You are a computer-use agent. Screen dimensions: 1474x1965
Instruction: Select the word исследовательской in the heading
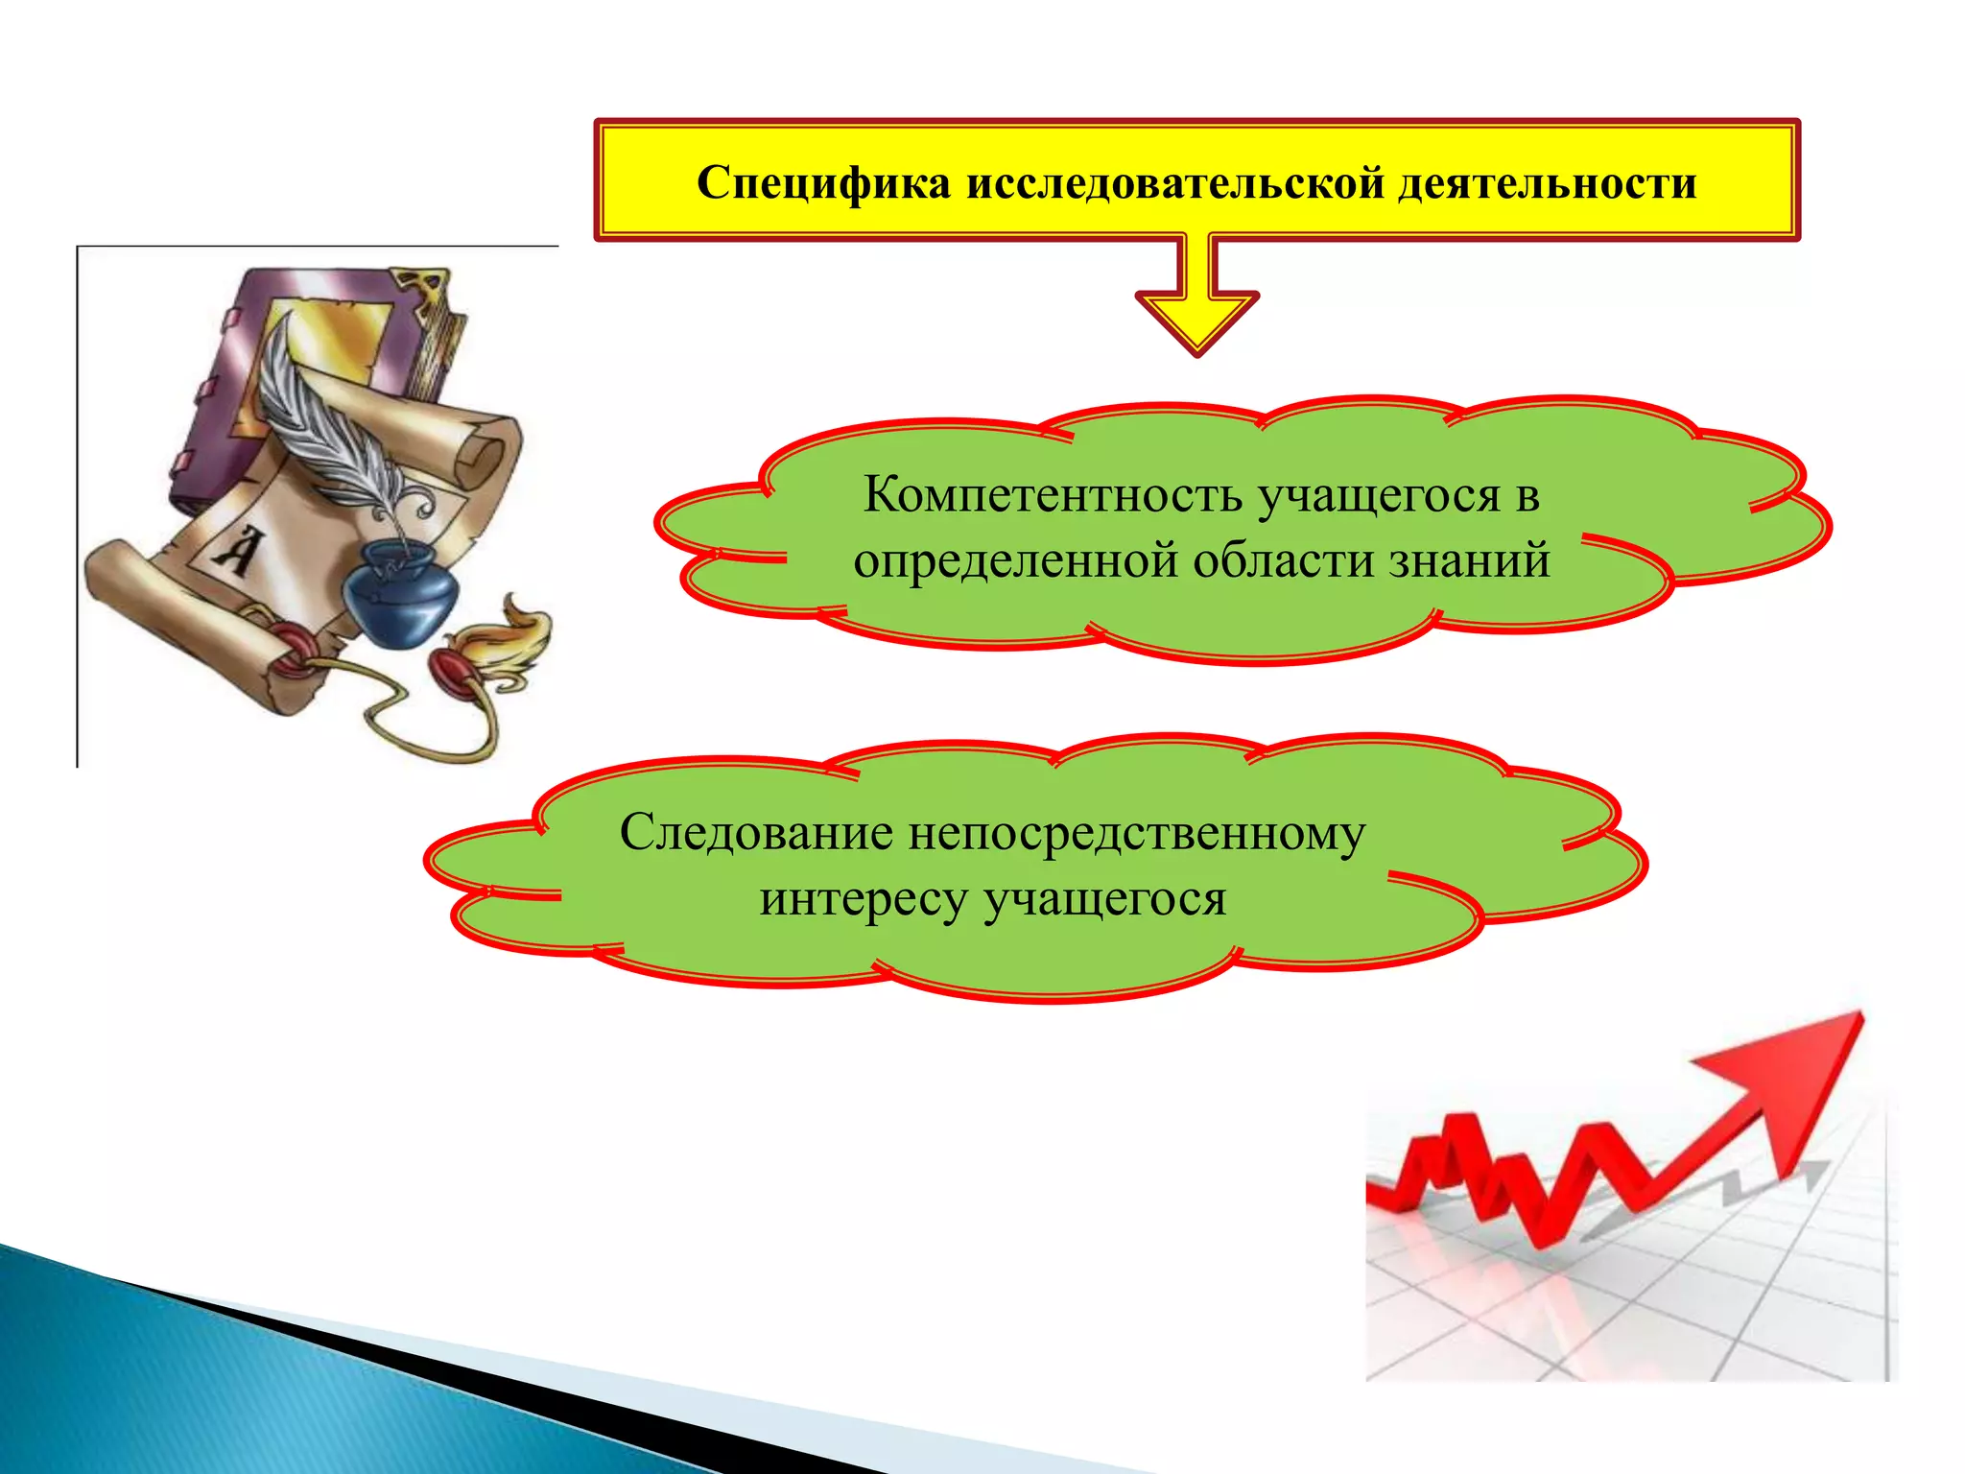pyautogui.click(x=1174, y=182)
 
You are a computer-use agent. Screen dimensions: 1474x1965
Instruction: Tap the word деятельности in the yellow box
pyautogui.click(x=1547, y=182)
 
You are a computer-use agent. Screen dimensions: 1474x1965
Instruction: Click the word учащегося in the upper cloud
pyautogui.click(x=1379, y=497)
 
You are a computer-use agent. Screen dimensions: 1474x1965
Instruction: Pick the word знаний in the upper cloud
pyautogui.click(x=1470, y=560)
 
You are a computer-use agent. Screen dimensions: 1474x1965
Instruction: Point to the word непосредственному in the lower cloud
pyautogui.click(x=1136, y=833)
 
